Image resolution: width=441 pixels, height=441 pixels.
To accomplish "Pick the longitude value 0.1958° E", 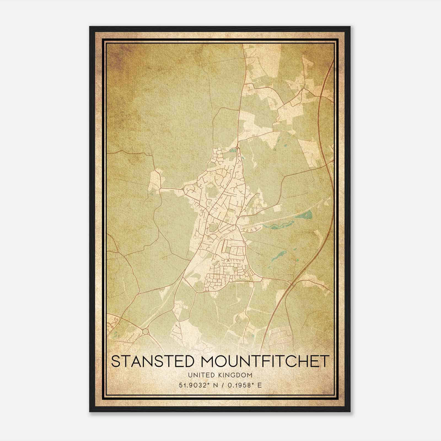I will pyautogui.click(x=244, y=385).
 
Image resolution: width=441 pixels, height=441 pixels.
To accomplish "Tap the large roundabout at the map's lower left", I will pyautogui.click(x=145, y=332).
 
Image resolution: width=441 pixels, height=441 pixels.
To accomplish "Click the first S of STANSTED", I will pyautogui.click(x=116, y=361).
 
